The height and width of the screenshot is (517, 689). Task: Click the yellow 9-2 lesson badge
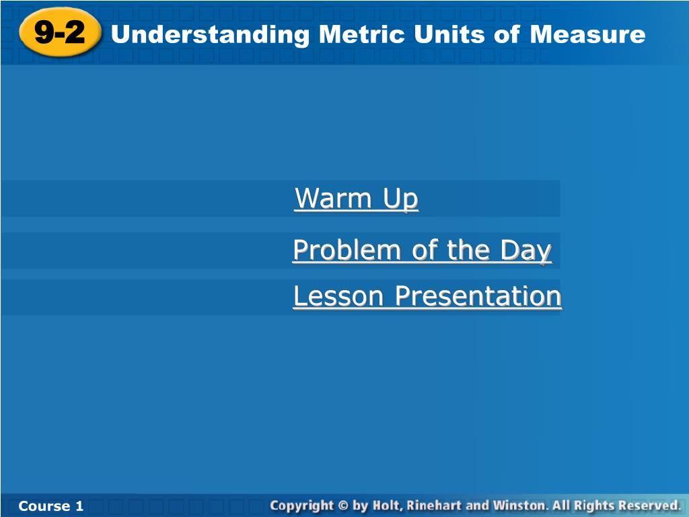pos(60,32)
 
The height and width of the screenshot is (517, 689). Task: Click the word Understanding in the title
pos(211,35)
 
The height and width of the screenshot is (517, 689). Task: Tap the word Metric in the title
pos(362,34)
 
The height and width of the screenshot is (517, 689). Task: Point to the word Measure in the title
pos(587,34)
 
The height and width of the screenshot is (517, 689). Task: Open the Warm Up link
pos(357,199)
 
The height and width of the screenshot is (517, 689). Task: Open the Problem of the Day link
pos(423,250)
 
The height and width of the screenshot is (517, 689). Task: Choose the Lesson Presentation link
pos(427,296)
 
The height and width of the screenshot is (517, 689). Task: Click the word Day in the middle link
pos(525,250)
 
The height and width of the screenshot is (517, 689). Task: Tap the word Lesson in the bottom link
pos(338,296)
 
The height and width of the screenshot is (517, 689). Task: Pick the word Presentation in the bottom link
pos(478,296)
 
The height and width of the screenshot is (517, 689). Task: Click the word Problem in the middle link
pos(347,250)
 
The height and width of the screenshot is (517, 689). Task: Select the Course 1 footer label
pos(51,506)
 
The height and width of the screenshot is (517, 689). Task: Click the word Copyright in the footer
pos(302,506)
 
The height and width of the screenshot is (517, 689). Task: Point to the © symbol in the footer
pos(343,506)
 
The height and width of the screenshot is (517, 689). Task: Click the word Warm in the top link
pos(334,199)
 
